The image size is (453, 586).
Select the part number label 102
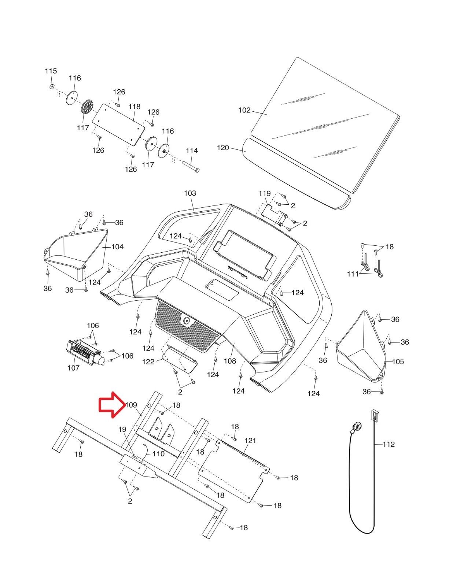click(x=244, y=110)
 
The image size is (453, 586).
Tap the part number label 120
click(x=223, y=148)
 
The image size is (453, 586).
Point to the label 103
click(x=190, y=193)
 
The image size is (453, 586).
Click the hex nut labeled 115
click(x=52, y=87)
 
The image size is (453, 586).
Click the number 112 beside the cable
click(x=389, y=444)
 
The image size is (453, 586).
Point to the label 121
click(x=250, y=441)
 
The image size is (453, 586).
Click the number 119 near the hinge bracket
click(x=265, y=193)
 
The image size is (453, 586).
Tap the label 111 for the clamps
click(x=353, y=274)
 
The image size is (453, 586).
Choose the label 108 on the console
click(x=230, y=361)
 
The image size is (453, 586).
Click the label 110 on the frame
click(x=158, y=454)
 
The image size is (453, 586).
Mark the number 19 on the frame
click(x=122, y=429)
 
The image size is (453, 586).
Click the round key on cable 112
click(x=357, y=426)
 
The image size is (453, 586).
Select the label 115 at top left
click(x=51, y=71)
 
